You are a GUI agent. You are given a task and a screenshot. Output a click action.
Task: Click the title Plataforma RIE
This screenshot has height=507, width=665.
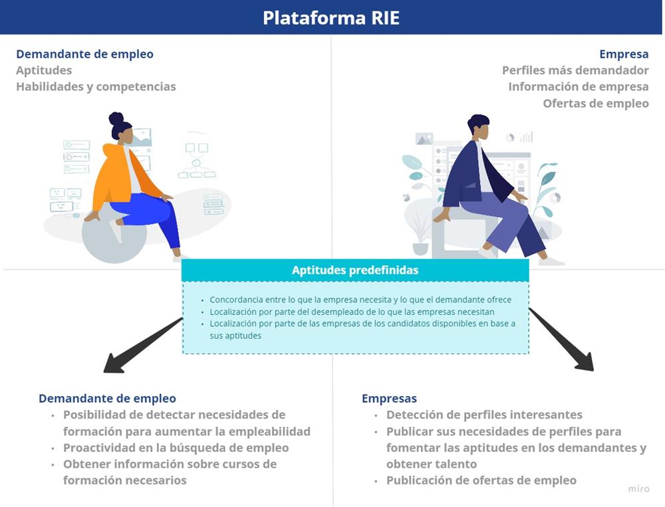pos(331,17)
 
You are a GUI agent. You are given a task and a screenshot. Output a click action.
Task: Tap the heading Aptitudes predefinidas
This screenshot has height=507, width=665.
pos(355,270)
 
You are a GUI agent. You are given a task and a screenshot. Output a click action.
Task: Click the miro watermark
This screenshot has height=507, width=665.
pos(638,489)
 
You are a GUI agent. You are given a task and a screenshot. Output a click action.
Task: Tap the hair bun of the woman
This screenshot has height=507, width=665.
pos(116,119)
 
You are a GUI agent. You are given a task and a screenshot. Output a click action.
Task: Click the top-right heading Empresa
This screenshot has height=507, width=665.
pos(624,54)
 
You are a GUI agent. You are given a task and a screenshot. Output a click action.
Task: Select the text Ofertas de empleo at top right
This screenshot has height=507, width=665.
pos(595,104)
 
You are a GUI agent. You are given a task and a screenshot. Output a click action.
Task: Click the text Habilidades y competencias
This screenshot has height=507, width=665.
pos(96,87)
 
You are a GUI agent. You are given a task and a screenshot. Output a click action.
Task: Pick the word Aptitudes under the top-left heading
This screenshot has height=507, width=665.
pos(44,70)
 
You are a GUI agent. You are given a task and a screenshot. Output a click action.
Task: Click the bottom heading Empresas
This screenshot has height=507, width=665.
pos(389,399)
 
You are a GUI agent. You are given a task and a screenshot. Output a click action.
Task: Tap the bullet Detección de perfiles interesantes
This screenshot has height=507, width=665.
pos(484,415)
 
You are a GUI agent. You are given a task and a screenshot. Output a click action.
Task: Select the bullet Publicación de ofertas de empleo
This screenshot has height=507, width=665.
pos(481,480)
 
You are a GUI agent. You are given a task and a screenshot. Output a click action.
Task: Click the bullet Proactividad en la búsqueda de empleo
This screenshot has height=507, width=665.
pos(176,448)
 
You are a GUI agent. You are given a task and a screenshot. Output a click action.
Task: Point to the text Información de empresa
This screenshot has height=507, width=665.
pos(578,87)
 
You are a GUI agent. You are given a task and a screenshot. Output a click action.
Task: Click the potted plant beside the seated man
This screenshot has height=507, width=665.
pos(420,233)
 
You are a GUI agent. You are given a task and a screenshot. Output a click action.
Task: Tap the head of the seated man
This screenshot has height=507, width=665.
pos(477,126)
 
